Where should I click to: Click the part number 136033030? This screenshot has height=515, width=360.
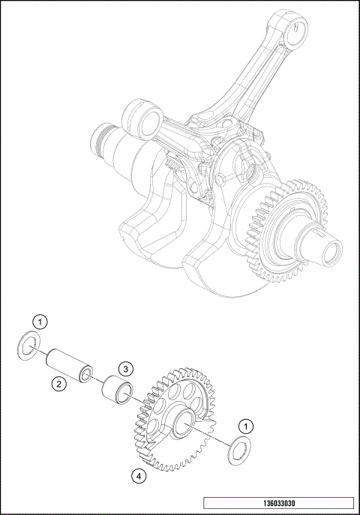[x=277, y=504]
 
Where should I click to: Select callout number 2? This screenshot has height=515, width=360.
[x=58, y=384]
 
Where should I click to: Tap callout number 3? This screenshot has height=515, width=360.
[x=127, y=369]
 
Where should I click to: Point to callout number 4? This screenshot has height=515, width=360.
[x=138, y=475]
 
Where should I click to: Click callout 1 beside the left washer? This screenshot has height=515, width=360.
[x=43, y=322]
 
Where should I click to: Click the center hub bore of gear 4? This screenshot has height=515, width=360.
[x=184, y=427]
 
